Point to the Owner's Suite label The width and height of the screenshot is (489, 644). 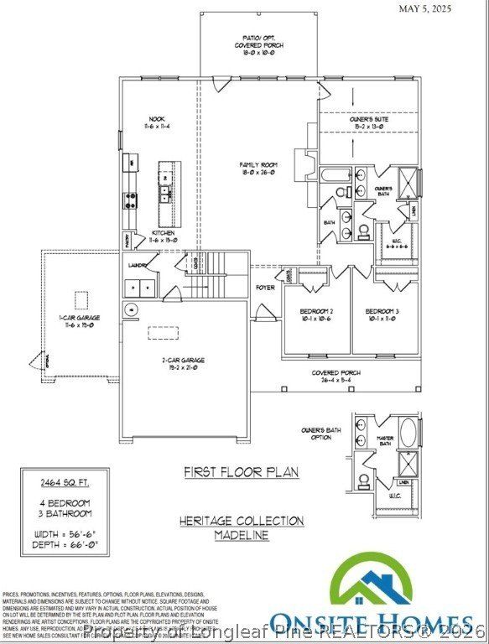(369, 123)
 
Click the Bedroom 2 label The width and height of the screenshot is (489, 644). (316, 315)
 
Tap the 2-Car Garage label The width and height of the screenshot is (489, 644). (184, 363)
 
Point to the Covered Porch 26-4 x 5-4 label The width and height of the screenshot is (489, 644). (336, 377)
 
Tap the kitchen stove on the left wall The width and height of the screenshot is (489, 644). (132, 200)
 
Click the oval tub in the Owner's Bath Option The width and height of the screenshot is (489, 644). (408, 434)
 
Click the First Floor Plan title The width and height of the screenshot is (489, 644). (241, 473)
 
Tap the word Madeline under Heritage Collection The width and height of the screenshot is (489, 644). (241, 535)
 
